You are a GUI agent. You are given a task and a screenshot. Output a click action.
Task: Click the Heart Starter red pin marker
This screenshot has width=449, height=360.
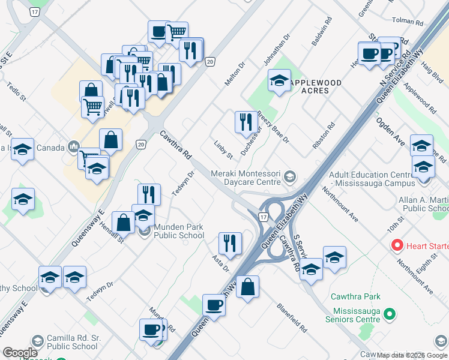pos(397,245)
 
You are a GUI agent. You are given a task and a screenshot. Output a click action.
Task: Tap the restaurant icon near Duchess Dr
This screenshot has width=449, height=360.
pos(246,122)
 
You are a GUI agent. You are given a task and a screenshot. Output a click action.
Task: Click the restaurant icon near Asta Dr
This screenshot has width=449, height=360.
pos(230,243)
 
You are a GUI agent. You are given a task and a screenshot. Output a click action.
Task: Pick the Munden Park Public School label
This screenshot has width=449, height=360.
pos(178,231)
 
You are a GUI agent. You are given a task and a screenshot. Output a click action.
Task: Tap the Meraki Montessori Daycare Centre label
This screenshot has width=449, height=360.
pos(246,177)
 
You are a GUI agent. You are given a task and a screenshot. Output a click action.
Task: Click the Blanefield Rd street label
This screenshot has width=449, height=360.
pos(292,321)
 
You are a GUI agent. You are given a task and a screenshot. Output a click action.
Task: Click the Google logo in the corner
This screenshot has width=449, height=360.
pos(20,353)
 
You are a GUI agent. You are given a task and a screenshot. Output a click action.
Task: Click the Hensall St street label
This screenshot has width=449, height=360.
pos(113,230)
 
